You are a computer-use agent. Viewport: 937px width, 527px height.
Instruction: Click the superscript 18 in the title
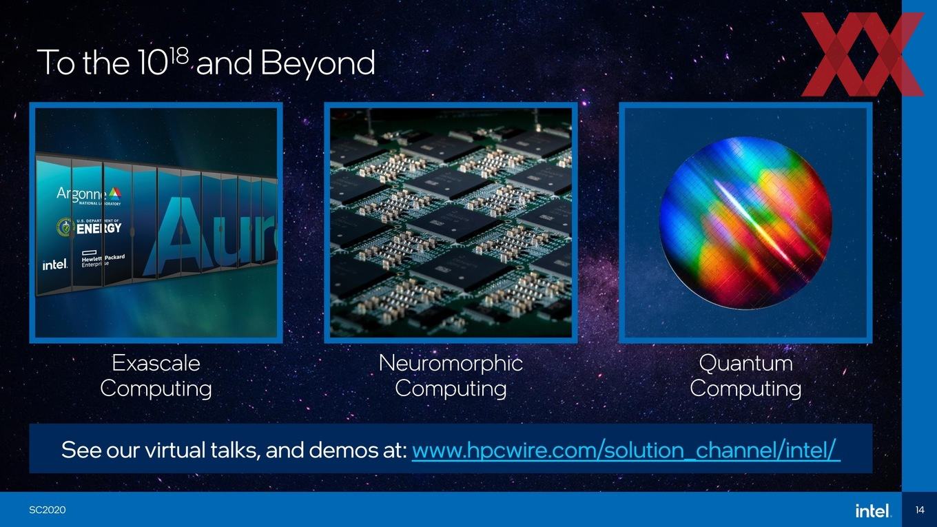click(181, 57)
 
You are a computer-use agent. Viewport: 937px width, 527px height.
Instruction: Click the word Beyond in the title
click(318, 63)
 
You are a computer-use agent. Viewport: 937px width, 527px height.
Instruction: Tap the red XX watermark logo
click(863, 54)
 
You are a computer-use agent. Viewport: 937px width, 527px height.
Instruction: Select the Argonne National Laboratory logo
click(89, 196)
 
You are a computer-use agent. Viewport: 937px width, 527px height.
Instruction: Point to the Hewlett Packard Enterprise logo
click(103, 258)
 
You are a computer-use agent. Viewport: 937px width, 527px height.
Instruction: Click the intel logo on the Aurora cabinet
click(55, 265)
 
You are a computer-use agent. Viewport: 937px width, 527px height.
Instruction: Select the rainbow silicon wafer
click(745, 223)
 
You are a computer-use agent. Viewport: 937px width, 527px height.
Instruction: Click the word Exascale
click(156, 362)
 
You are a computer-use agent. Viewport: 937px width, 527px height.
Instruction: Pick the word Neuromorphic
click(451, 362)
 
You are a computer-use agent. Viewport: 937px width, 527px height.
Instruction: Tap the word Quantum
click(746, 362)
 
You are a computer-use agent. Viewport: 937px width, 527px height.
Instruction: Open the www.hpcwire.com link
click(626, 451)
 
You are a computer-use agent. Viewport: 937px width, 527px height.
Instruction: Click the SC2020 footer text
click(48, 510)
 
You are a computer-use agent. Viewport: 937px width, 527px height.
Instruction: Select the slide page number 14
click(920, 510)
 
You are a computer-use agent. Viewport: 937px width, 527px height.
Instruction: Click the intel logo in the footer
click(872, 510)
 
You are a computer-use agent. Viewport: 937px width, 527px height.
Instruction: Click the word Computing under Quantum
click(746, 389)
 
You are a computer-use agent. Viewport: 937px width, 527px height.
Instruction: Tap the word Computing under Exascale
click(156, 389)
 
